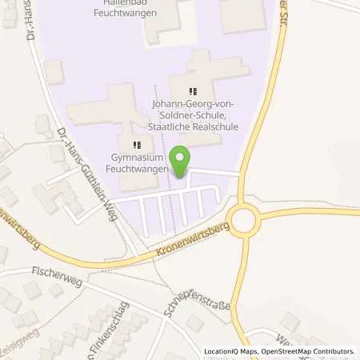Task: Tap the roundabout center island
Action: [x=242, y=217]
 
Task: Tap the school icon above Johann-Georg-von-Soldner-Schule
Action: [x=192, y=91]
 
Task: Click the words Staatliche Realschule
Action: [x=194, y=126]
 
